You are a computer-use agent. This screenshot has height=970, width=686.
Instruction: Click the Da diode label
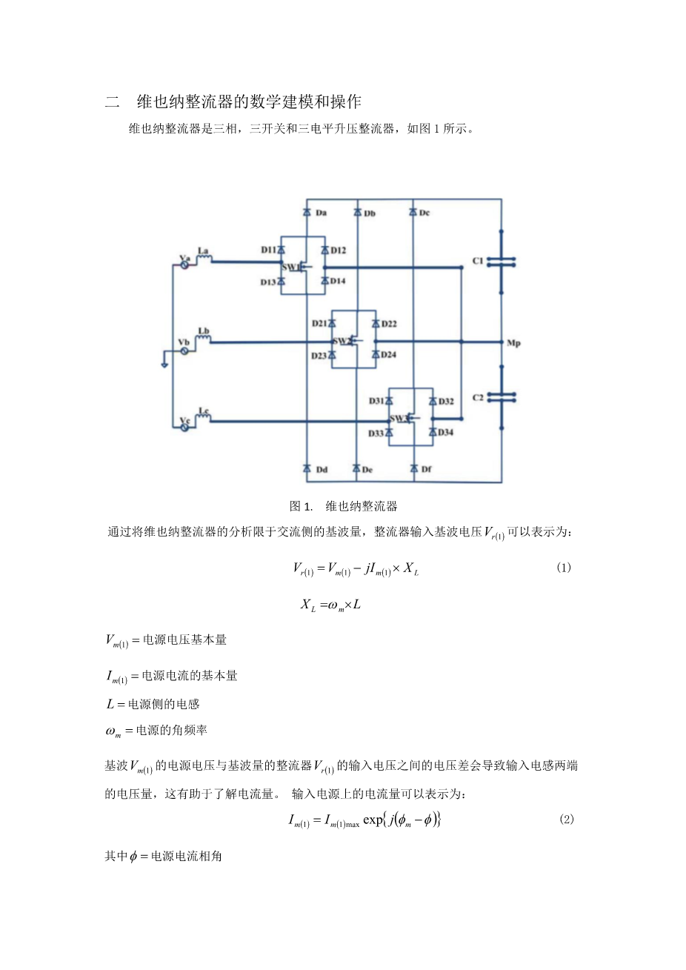[321, 213]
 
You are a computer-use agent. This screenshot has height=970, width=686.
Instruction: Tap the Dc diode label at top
[424, 213]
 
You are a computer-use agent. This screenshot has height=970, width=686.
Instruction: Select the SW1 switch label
[290, 267]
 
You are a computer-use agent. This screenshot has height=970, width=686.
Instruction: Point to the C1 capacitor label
[478, 261]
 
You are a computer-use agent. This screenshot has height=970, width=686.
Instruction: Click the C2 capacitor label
[478, 398]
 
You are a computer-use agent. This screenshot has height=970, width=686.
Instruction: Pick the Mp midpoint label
[513, 343]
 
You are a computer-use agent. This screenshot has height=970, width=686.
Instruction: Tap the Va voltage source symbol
[184, 264]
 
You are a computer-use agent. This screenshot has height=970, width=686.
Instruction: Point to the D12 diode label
[338, 250]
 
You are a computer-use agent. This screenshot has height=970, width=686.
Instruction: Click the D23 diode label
[319, 356]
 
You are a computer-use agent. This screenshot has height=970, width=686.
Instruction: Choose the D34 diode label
[445, 432]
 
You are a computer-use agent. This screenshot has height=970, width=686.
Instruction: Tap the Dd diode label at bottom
[322, 470]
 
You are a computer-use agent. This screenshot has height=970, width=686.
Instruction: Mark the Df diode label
[426, 469]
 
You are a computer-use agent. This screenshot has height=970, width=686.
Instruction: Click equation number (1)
[563, 568]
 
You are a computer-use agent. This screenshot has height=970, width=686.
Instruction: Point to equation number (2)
[566, 819]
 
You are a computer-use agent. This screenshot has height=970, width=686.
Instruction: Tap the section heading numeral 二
[113, 102]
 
